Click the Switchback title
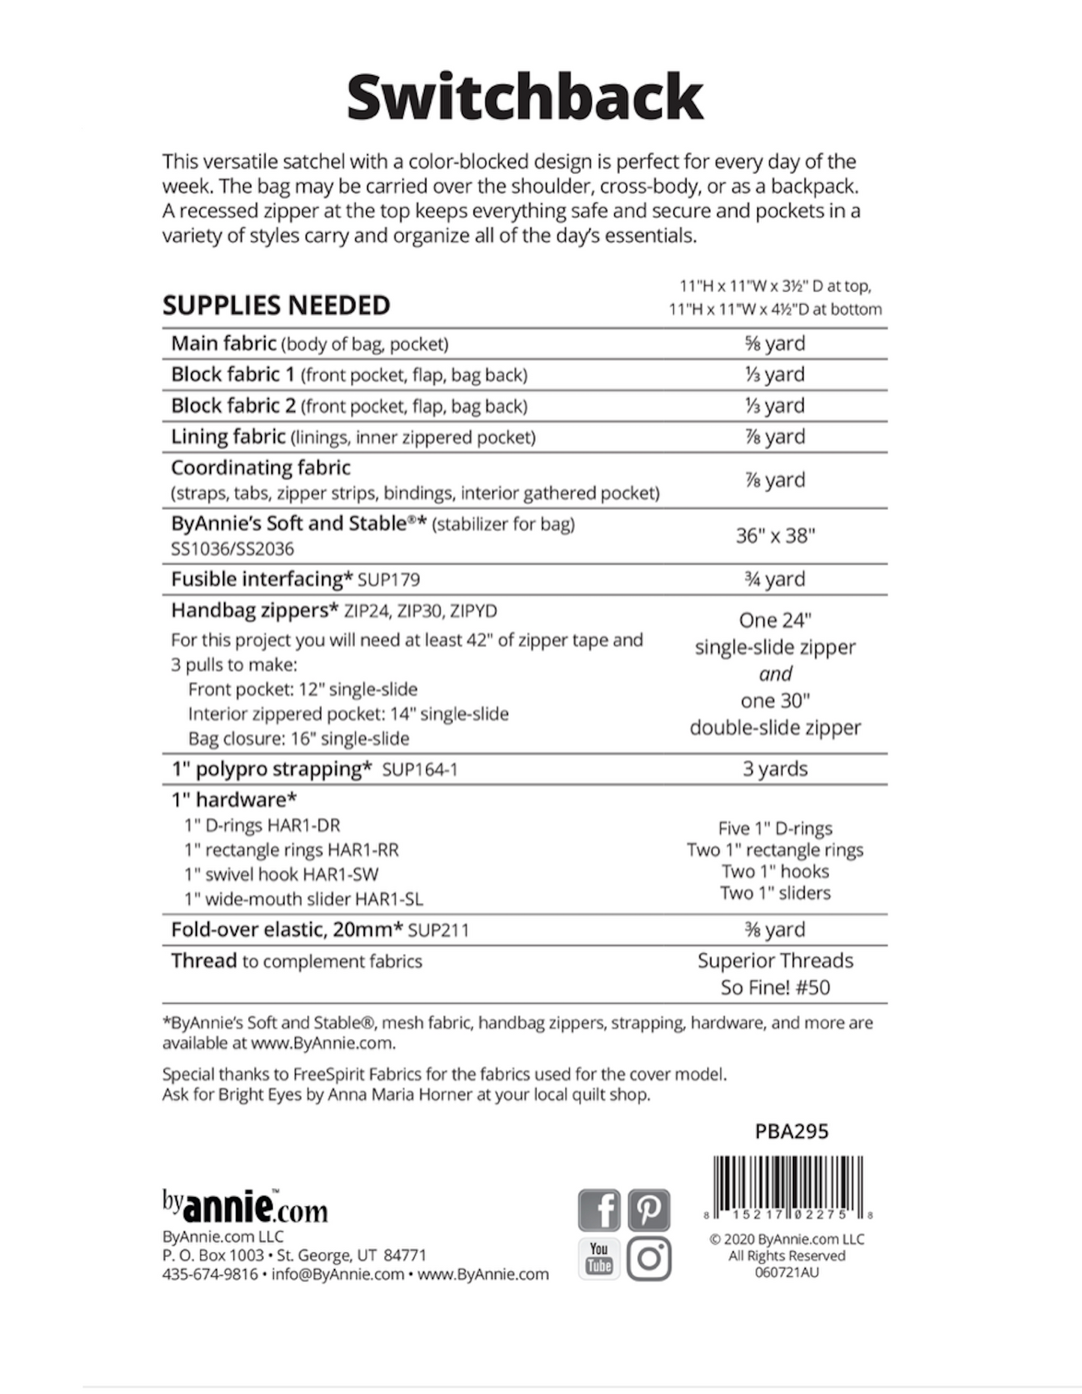524,97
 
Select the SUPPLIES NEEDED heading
276,305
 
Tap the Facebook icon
599,1210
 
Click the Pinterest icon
648,1210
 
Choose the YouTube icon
599,1258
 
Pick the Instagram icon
648,1258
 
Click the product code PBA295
791,1130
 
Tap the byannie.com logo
245,1205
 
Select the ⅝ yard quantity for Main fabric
775,344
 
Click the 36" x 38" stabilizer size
775,535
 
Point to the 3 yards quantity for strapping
775,769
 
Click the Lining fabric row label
228,436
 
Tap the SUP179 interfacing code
389,579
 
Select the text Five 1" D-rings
775,828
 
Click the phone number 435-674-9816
210,1274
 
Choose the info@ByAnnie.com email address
338,1274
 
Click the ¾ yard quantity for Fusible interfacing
775,579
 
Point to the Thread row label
204,961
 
